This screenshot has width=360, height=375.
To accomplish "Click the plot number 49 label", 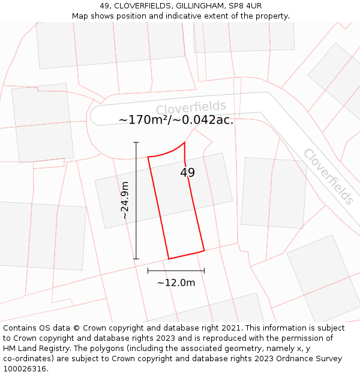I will [x=187, y=173].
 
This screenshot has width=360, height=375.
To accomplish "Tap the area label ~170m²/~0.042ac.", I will [x=176, y=120].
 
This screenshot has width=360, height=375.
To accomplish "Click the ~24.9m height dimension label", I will [x=125, y=200].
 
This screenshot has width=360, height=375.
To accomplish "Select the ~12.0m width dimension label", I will [x=176, y=283].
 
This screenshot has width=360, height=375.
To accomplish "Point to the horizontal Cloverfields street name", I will [x=191, y=107].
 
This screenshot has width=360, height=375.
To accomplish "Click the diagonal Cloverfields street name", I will [x=328, y=176].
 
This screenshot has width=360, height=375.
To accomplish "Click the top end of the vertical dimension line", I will [x=136, y=142].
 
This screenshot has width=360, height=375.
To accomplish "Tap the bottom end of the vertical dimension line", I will [x=136, y=259].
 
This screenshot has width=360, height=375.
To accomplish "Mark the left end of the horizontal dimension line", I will [x=148, y=271].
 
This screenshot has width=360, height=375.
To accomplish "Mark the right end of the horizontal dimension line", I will [x=204, y=271].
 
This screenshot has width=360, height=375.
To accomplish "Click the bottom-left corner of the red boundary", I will [x=169, y=259].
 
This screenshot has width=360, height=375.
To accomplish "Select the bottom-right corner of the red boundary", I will [x=204, y=250].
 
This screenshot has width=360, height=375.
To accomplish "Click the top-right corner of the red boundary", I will [x=184, y=142].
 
